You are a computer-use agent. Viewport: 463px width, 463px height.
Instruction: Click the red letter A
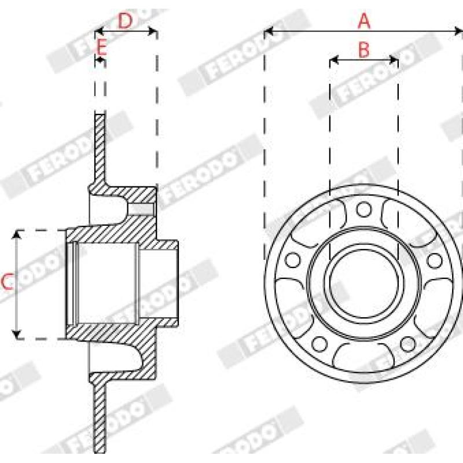coord(364,21)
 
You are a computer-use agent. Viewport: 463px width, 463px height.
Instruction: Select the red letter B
coord(364,50)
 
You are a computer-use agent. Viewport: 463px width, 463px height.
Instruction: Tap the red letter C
coord(8,281)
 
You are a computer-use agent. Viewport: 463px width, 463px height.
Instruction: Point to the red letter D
coord(125,21)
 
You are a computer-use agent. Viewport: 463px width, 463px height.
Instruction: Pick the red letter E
coord(102,47)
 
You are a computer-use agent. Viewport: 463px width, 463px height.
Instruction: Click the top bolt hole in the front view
coord(364,209)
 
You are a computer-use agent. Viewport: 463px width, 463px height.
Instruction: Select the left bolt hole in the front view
coord(293,260)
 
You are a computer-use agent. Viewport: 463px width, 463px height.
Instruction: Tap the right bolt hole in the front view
coord(435,260)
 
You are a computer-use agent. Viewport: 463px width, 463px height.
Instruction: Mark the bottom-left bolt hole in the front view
coord(319,344)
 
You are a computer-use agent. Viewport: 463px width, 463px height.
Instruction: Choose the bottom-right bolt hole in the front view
coord(409,344)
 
